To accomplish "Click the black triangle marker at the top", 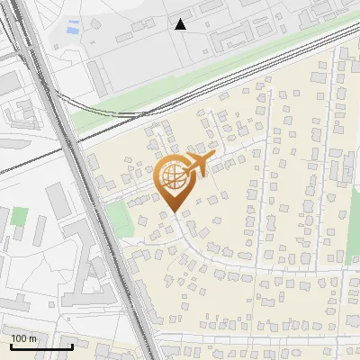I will point(181,24).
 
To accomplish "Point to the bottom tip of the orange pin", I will point(172,212).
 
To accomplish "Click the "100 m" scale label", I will point(24,338).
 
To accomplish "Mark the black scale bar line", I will point(40,346).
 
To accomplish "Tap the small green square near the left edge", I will point(19,217).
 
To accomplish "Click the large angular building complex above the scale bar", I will point(85,270).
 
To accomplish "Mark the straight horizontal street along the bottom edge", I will point(261,337).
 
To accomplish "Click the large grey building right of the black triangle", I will point(238,37).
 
